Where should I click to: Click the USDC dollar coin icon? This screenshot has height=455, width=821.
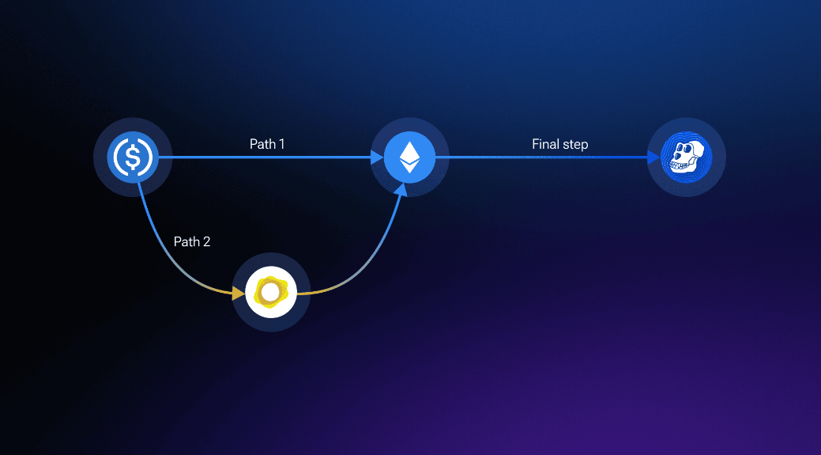pyautogui.click(x=133, y=157)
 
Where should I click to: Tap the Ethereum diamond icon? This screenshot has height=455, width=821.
pyautogui.click(x=409, y=157)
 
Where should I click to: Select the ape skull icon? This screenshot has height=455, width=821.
pyautogui.click(x=686, y=157)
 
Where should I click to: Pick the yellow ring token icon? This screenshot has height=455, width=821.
pyautogui.click(x=271, y=292)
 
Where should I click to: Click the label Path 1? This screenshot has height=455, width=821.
pyautogui.click(x=267, y=144)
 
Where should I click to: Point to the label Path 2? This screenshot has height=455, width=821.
pyautogui.click(x=192, y=241)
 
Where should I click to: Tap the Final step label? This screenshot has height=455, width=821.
pyautogui.click(x=559, y=144)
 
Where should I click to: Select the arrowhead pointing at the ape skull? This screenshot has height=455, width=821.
pyautogui.click(x=654, y=157)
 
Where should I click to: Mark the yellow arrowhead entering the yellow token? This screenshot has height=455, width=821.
pyautogui.click(x=239, y=294)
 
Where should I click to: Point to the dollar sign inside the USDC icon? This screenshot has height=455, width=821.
pyautogui.click(x=133, y=157)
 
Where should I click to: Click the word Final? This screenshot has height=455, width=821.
pyautogui.click(x=545, y=144)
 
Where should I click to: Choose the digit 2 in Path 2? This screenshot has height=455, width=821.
pyautogui.click(x=206, y=241)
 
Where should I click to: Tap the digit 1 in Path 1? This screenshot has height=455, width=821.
pyautogui.click(x=281, y=144)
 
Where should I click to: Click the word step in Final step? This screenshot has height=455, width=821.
pyautogui.click(x=575, y=145)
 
